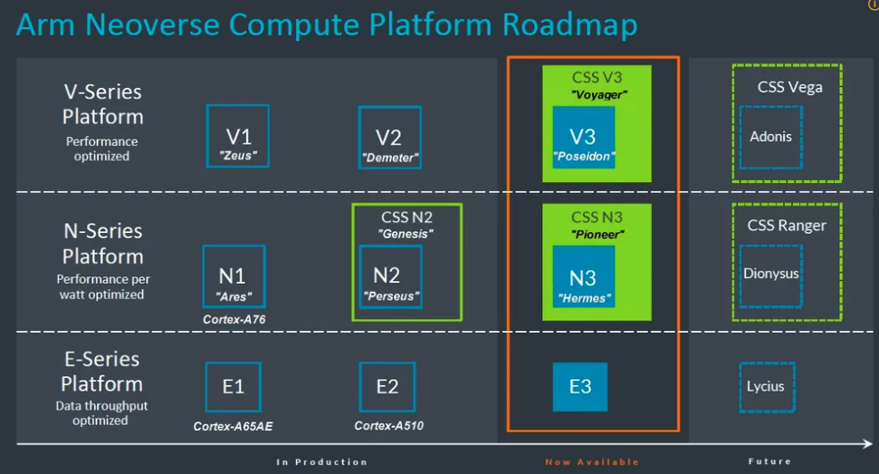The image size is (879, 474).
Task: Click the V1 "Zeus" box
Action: tap(239, 136)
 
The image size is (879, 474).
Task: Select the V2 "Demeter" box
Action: tap(388, 138)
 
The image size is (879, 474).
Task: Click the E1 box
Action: tap(234, 387)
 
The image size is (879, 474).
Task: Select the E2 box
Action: tap(387, 387)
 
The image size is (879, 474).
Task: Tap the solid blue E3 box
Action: tap(580, 387)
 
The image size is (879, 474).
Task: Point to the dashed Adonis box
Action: tap(770, 138)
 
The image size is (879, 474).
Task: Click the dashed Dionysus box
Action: tap(770, 273)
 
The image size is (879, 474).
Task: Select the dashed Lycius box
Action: tap(766, 387)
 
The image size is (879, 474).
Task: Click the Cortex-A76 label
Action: tap(234, 319)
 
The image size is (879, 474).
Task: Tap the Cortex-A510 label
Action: tap(388, 426)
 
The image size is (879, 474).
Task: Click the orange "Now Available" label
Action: tap(592, 462)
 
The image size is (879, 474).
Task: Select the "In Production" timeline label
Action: tap(321, 462)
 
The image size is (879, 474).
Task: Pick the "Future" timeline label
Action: tap(769, 462)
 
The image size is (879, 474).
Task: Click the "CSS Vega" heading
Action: tap(789, 87)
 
